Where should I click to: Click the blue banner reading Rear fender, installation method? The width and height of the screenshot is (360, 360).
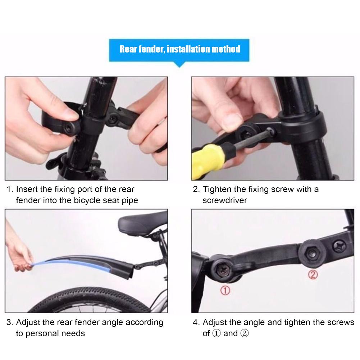pyautogui.click(x=180, y=49)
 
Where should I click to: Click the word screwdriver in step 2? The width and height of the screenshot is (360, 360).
pyautogui.click(x=225, y=200)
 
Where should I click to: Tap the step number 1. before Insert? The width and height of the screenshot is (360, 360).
pyautogui.click(x=10, y=189)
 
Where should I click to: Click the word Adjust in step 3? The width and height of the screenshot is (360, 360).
pyautogui.click(x=27, y=322)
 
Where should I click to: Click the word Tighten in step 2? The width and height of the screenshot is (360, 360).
pyautogui.click(x=217, y=189)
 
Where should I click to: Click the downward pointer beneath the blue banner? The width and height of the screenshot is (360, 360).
pyautogui.click(x=179, y=65)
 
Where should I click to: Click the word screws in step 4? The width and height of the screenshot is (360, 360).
pyautogui.click(x=341, y=322)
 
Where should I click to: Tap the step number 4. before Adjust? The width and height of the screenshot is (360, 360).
pyautogui.click(x=196, y=322)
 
